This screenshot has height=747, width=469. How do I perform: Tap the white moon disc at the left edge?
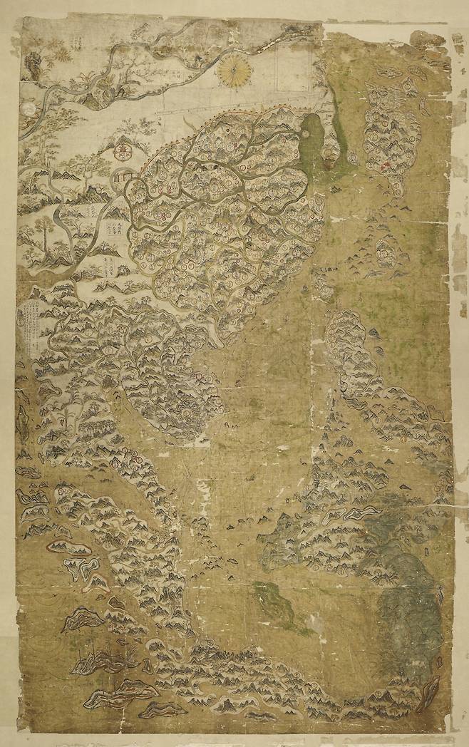27,109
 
